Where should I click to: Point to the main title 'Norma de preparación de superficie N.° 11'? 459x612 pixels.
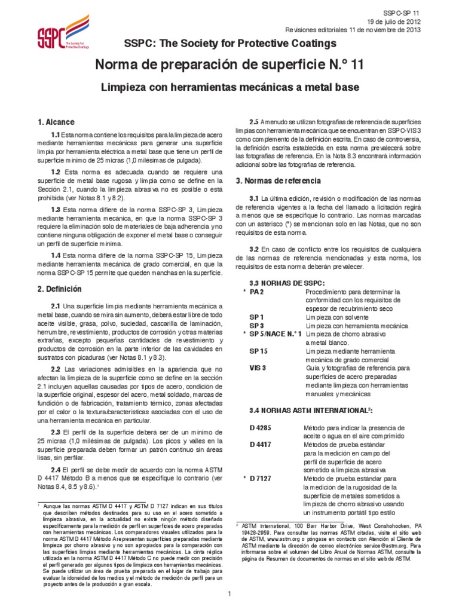tap(229, 65)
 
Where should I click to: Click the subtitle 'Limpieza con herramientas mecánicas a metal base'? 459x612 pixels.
tap(229, 87)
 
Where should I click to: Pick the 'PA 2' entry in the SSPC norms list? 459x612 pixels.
tap(256, 292)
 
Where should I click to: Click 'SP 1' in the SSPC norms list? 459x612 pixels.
tap(256, 317)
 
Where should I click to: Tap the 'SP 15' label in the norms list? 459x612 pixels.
tap(258, 351)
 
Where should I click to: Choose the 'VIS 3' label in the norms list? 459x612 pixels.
tap(258, 368)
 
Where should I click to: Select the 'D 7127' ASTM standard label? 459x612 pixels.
tap(261, 479)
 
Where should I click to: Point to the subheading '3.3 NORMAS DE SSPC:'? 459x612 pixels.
tap(279, 282)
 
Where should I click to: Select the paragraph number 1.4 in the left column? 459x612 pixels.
tap(56, 255)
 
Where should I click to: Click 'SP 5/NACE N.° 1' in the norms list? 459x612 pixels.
tap(276, 334)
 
